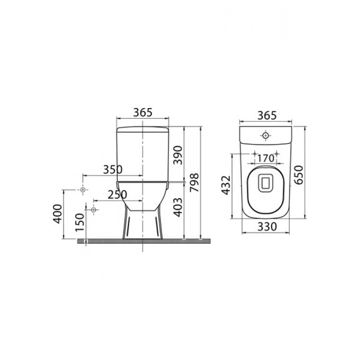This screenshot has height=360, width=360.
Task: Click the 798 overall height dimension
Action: tap(195, 183)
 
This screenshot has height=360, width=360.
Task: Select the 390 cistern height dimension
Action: tap(178, 155)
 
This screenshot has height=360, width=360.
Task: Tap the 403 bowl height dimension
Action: tap(178, 207)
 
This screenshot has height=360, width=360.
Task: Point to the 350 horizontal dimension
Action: tap(113, 170)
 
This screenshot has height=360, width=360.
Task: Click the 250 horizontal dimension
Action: tap(117, 195)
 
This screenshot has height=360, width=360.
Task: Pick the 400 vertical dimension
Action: tap(58, 214)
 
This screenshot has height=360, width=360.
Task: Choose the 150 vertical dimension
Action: tap(80, 223)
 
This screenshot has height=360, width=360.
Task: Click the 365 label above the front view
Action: tap(143, 113)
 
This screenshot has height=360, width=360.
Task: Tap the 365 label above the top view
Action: tap(267, 116)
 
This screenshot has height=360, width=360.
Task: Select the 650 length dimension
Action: tap(299, 175)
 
